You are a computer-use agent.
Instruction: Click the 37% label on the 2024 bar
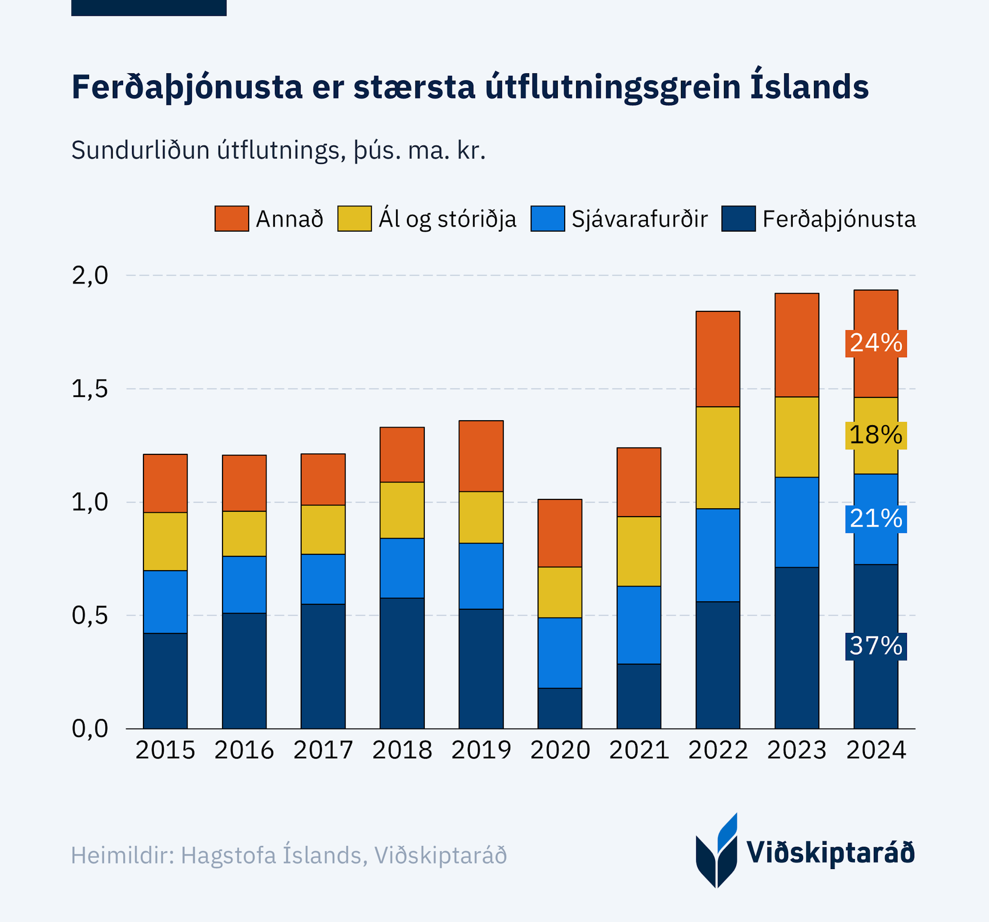(876, 646)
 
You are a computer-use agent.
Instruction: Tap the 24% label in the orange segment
(876, 343)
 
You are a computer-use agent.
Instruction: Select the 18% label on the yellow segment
(876, 435)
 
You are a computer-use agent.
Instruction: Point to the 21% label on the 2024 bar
(876, 519)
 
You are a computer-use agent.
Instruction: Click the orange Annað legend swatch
(232, 219)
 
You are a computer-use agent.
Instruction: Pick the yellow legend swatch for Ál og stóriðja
(354, 219)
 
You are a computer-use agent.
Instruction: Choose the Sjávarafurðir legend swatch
(547, 219)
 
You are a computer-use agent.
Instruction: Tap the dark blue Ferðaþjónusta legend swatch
(738, 219)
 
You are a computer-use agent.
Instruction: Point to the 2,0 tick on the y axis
(90, 275)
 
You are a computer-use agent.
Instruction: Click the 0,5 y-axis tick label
(90, 616)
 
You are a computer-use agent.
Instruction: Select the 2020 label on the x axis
(560, 750)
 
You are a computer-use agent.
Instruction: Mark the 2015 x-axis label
(165, 750)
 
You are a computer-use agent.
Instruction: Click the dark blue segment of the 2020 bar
(560, 708)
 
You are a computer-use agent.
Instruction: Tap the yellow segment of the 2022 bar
(718, 457)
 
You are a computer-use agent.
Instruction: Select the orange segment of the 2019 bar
(481, 456)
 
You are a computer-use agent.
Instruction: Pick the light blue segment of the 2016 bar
(244, 584)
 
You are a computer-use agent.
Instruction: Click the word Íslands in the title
(809, 87)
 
